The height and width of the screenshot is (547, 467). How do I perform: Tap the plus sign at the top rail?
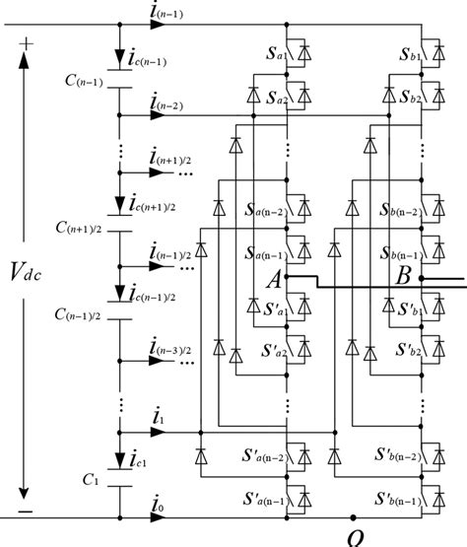26,44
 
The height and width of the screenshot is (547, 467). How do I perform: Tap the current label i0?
158,505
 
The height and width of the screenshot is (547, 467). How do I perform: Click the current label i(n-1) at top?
164,12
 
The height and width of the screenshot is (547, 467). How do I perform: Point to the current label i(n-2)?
164,102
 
